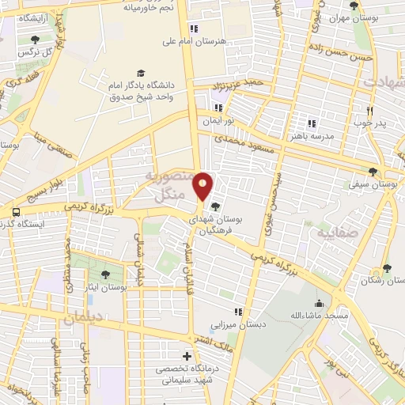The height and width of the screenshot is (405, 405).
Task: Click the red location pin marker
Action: (203, 186)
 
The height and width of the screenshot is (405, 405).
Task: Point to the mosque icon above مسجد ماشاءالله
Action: (318, 303)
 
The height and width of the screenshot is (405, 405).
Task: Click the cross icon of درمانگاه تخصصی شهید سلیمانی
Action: (186, 356)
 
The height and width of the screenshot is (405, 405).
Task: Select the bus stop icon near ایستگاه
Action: (15, 212)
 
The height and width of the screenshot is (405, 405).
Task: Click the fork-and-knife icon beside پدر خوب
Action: (369, 111)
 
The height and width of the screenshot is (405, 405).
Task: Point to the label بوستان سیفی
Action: (371, 184)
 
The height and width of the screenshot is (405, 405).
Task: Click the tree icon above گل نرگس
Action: (33, 38)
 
